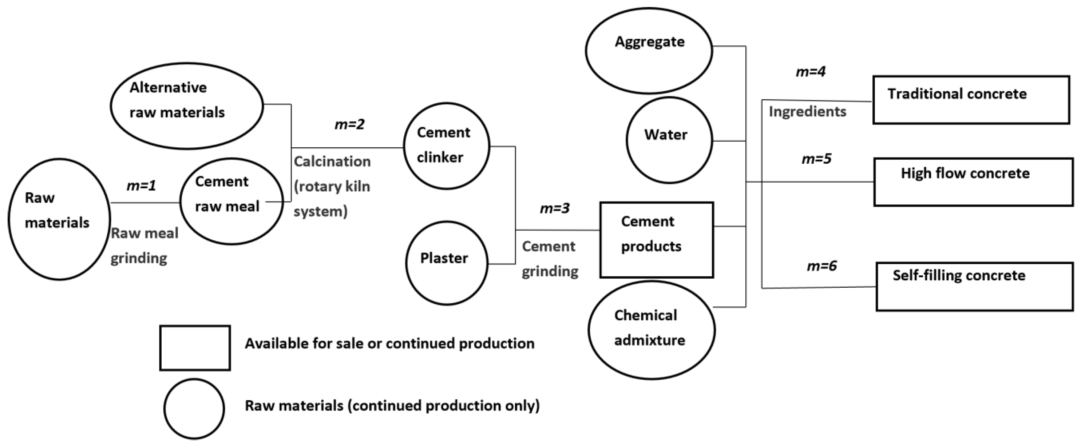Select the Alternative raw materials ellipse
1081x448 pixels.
point(187,106)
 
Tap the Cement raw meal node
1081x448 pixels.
point(231,201)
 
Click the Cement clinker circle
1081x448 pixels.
point(446,146)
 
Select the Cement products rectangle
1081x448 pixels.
point(656,240)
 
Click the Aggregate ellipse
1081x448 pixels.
point(649,50)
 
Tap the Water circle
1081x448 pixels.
point(669,140)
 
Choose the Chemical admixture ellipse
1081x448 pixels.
point(651,330)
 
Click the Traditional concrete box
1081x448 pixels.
point(971,100)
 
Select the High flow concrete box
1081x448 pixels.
point(973,182)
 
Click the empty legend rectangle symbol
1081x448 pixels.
point(195,348)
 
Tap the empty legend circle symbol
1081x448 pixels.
point(194,409)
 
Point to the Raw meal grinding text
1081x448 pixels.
point(144,246)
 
